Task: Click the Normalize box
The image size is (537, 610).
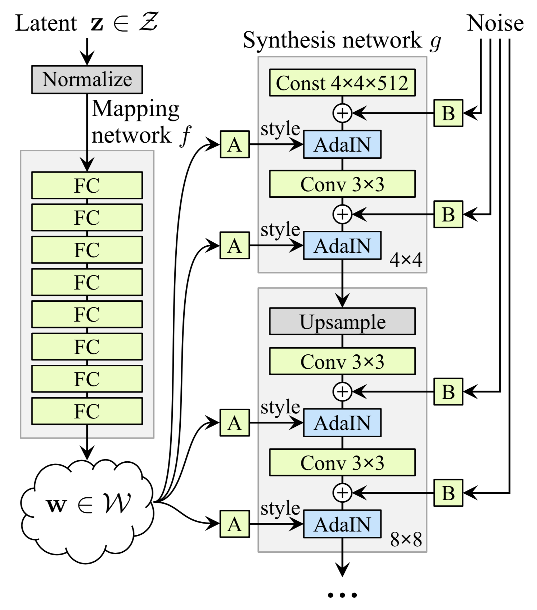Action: [87, 80]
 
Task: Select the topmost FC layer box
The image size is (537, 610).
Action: [87, 185]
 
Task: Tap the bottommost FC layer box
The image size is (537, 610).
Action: [87, 411]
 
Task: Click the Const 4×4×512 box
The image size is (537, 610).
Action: [342, 83]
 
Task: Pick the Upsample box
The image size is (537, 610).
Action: [342, 321]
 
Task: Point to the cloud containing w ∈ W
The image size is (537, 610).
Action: [87, 504]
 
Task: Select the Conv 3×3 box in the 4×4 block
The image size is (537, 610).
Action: [342, 184]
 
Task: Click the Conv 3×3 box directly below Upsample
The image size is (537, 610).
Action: [342, 361]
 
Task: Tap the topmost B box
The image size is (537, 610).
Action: [448, 113]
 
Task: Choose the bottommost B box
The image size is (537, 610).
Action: [448, 493]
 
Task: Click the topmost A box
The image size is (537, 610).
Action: [235, 144]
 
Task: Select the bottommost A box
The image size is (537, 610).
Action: [235, 524]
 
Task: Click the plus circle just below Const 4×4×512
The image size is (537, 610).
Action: [342, 113]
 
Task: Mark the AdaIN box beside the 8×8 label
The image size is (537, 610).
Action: [342, 524]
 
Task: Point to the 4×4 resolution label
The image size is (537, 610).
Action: [406, 260]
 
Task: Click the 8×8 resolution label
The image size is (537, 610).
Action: [406, 539]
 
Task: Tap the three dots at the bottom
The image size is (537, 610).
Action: [342, 595]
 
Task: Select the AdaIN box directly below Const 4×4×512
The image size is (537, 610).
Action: [342, 144]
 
